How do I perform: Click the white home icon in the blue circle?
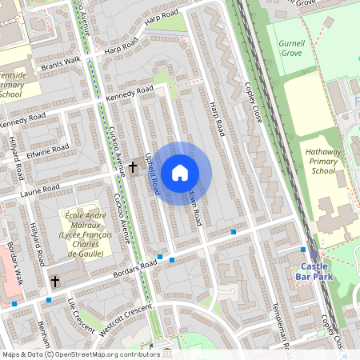[x=179, y=172]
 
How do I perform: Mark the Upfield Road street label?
[x=150, y=172]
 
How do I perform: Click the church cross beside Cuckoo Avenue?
[x=133, y=167]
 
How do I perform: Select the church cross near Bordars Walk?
[x=55, y=281]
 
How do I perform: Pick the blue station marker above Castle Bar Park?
[x=302, y=250]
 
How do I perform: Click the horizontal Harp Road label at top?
[x=163, y=15]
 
